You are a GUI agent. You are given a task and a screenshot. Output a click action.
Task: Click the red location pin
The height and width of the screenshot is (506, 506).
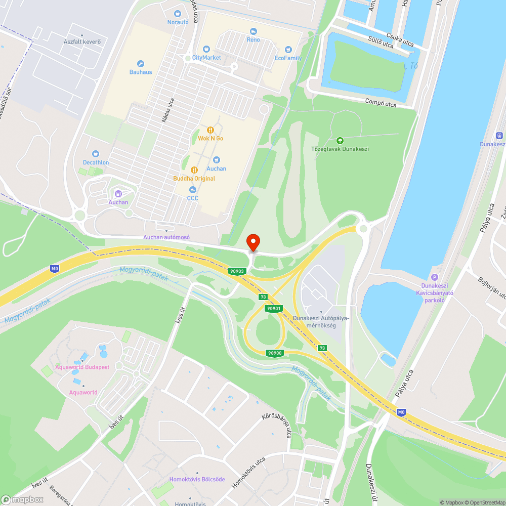pyautogui.click(x=252, y=242)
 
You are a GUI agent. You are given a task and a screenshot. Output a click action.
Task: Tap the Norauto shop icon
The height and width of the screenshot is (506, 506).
pyautogui.click(x=177, y=14)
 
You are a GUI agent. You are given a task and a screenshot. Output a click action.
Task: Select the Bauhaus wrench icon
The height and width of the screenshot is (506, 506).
pyautogui.click(x=140, y=64)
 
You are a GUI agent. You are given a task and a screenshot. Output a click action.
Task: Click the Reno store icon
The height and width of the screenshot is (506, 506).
pyautogui.click(x=253, y=31)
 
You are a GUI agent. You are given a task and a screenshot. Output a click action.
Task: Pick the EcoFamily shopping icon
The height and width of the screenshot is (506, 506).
pyautogui.click(x=288, y=50)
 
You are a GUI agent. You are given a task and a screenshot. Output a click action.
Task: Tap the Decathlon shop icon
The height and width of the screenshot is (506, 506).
pyautogui.click(x=96, y=154)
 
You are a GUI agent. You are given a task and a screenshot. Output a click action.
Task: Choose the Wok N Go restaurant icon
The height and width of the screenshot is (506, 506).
pyautogui.click(x=210, y=130)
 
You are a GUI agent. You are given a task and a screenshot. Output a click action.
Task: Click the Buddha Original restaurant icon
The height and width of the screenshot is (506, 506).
pyautogui.click(x=194, y=170)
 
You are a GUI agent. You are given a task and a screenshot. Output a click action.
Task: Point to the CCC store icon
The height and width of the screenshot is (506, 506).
pyautogui.click(x=192, y=190)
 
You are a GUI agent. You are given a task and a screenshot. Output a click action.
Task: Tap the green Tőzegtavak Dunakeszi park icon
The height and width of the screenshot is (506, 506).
pyautogui.click(x=340, y=141)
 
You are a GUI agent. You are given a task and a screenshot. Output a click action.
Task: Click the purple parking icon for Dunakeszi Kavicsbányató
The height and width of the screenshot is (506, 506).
pyautogui.click(x=434, y=277)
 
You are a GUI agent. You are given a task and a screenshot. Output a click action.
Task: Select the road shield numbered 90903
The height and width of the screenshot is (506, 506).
pyautogui.click(x=237, y=271)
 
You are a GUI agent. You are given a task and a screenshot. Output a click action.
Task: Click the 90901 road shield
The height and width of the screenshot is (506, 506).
pyautogui.click(x=273, y=308)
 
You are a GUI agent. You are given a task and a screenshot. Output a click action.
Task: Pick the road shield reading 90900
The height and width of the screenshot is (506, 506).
pyautogui.click(x=275, y=353)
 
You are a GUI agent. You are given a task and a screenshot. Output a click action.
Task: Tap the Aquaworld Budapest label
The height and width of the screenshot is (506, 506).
pyautogui.click(x=82, y=367)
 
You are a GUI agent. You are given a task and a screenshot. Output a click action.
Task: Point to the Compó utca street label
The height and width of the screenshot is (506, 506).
pyautogui.click(x=381, y=102)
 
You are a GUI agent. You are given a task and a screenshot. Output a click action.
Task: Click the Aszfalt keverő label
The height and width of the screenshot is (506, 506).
pyautogui.click(x=82, y=41)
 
